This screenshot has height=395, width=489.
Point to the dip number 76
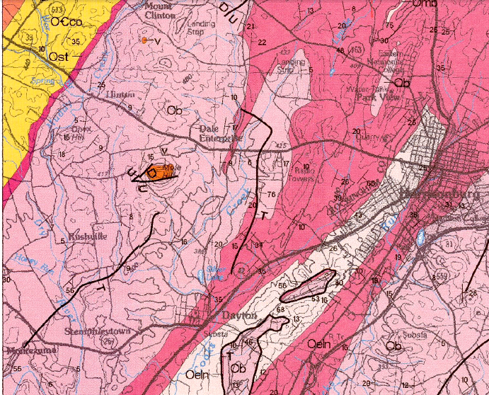(x=271, y=195)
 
